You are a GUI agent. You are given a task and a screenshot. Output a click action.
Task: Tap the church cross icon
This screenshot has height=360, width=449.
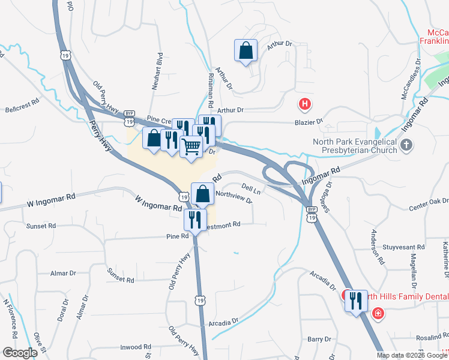coord(406,145)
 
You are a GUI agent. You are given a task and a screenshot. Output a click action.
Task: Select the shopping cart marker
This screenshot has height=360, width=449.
coord(191,146)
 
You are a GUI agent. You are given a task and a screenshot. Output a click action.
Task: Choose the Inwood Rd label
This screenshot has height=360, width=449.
coord(135,347)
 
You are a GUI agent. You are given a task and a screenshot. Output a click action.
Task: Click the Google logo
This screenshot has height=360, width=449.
coord(20,352)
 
